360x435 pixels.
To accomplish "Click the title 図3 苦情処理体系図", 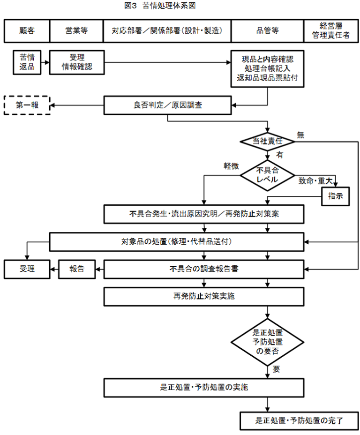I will click(x=159, y=6).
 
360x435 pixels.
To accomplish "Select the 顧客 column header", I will click(x=27, y=31).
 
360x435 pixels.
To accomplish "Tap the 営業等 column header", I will click(x=76, y=31).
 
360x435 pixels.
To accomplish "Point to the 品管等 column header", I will click(x=267, y=31).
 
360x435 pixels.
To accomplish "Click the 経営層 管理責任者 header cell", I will click(x=331, y=31).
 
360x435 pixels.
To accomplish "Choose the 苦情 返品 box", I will click(x=27, y=62).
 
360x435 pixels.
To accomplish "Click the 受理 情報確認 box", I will click(x=76, y=62).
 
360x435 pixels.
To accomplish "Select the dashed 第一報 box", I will click(x=27, y=105).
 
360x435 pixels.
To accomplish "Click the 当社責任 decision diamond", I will click(x=267, y=141).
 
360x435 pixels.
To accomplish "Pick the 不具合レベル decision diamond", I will click(x=267, y=175).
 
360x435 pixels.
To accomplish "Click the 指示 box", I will click(x=336, y=196).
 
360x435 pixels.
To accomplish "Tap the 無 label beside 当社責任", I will click(x=300, y=135).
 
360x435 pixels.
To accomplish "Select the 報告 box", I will click(x=76, y=269).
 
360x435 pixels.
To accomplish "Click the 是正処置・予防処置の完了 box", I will click(x=299, y=420).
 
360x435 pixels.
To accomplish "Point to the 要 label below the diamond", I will click(x=276, y=369).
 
